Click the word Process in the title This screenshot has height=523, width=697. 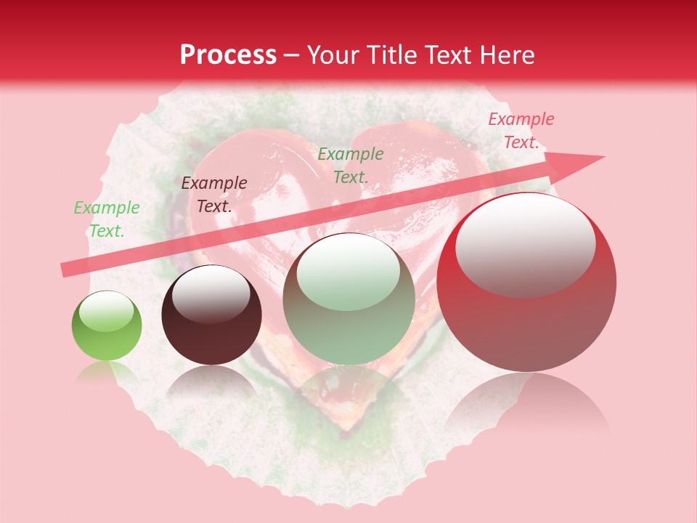[228, 55]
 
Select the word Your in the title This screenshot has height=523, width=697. [335, 55]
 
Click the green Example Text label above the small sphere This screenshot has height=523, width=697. [106, 219]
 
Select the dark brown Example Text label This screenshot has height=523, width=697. [213, 194]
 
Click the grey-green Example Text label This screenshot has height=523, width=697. [351, 165]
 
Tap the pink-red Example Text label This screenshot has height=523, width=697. [521, 131]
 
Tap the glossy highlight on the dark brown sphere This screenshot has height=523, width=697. [211, 293]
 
